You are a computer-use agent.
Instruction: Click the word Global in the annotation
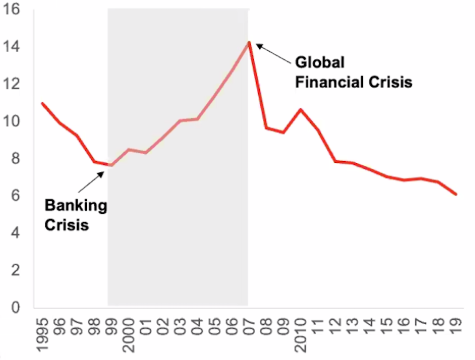pyautogui.click(x=320, y=62)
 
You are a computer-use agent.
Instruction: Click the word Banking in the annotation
pyautogui.click(x=76, y=205)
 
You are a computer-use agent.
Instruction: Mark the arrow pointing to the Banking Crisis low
pyautogui.click(x=91, y=182)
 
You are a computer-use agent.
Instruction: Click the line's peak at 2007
pyautogui.click(x=249, y=42)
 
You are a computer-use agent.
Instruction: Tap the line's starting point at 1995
pyautogui.click(x=42, y=103)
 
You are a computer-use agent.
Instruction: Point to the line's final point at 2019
pyautogui.click(x=456, y=194)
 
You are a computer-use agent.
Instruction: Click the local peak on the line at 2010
pyautogui.click(x=301, y=109)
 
